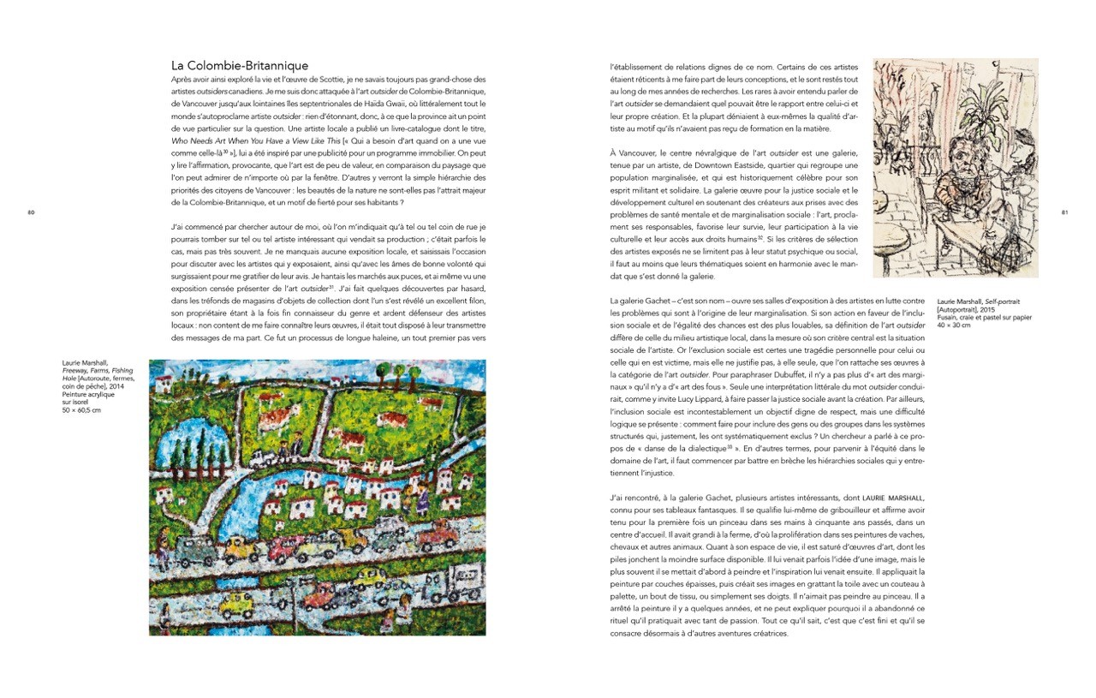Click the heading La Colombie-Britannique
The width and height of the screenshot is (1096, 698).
tap(240, 65)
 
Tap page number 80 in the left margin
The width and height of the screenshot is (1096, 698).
tap(31, 212)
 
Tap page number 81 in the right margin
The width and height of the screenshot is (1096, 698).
tap(1064, 212)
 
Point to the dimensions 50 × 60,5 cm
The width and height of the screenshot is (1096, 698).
tap(82, 410)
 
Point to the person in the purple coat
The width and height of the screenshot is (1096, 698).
tap(422, 498)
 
